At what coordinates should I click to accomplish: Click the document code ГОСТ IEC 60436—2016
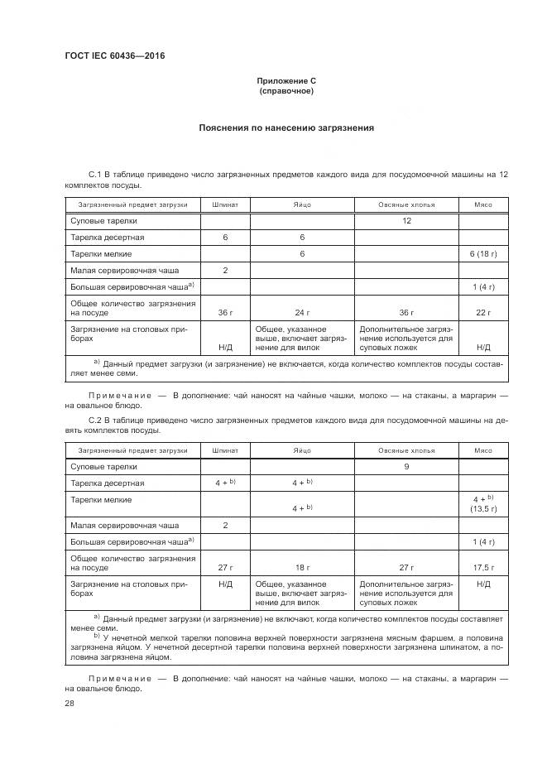point(114,55)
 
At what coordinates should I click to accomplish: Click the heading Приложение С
point(286,81)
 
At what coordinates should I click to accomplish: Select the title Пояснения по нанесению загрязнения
point(286,128)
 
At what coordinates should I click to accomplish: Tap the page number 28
point(70,703)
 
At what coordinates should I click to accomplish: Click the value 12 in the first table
point(406,221)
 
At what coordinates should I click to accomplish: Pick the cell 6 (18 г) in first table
point(482,253)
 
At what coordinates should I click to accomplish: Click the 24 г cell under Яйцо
point(302,313)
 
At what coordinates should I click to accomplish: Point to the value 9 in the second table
point(406,467)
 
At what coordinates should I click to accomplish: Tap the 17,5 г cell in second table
point(482,568)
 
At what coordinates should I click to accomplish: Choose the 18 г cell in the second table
point(302,568)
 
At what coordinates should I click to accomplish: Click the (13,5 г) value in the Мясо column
point(482,510)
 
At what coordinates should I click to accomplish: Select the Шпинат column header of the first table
point(225,204)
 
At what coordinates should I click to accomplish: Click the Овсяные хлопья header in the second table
point(406,450)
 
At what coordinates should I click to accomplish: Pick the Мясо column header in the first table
point(482,204)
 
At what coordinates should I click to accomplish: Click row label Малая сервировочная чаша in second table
point(124,525)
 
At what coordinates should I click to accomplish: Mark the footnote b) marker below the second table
point(97,636)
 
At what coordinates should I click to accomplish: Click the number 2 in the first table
point(225,270)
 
